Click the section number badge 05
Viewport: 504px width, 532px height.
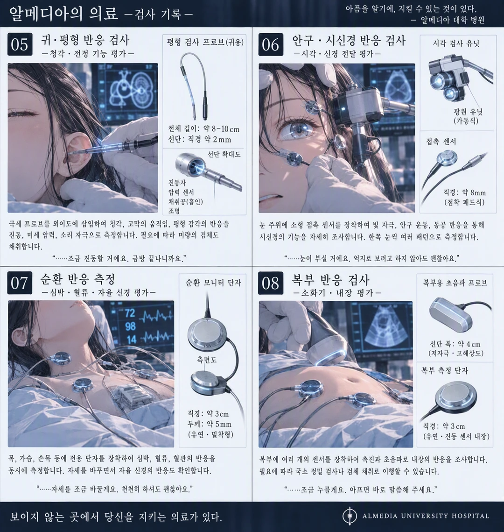click(x=20, y=44)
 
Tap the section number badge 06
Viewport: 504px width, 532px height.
click(x=271, y=44)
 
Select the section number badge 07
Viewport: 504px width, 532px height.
click(x=20, y=283)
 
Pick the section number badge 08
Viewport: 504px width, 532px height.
click(x=271, y=283)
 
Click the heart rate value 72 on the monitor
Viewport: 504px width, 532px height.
click(x=130, y=313)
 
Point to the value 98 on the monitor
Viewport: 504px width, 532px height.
click(x=130, y=326)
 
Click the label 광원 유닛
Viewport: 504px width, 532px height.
click(x=468, y=112)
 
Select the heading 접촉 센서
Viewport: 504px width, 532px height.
click(x=441, y=142)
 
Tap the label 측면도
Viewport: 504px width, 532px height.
click(x=207, y=360)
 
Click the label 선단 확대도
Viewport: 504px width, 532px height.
click(x=224, y=155)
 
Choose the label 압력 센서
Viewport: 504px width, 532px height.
click(x=181, y=192)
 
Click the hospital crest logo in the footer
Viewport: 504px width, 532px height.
click(x=350, y=516)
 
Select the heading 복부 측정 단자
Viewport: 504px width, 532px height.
click(x=444, y=370)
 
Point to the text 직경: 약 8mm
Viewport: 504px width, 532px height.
click(x=465, y=193)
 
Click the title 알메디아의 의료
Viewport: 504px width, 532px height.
click(x=63, y=14)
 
